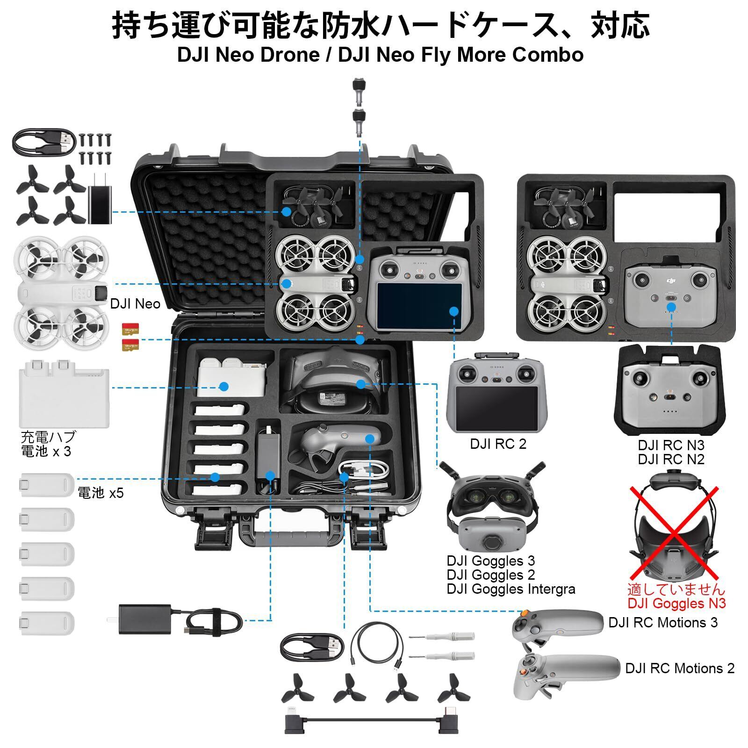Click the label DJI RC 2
point(498,444)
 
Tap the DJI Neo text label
point(135,304)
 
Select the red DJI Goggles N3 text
point(676,604)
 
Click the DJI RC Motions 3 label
point(662,623)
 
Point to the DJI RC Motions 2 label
point(680,669)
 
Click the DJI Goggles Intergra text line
point(511,589)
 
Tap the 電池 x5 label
point(101,493)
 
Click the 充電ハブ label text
point(48,437)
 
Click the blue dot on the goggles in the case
point(360,384)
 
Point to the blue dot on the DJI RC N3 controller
point(671,307)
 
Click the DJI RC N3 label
point(671,445)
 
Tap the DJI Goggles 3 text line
point(490,561)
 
